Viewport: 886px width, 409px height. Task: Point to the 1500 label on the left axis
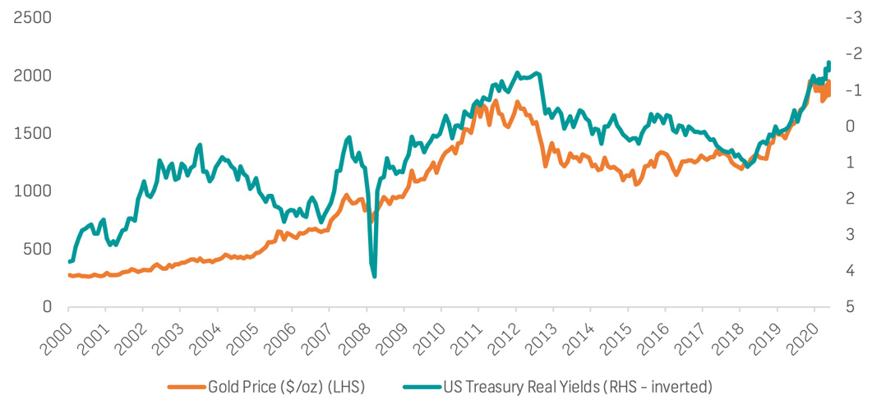tap(30, 133)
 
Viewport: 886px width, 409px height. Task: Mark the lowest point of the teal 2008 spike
tap(375, 276)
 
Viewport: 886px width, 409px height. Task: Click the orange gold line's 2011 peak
tap(496, 101)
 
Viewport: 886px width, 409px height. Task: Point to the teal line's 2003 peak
tap(200, 145)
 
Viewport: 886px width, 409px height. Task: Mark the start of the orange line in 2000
tap(69, 275)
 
